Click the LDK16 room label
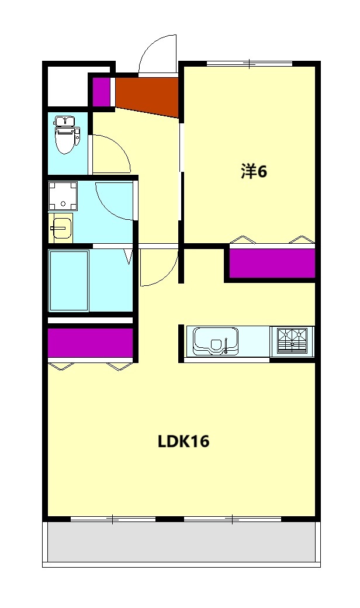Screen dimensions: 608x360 point(184,441)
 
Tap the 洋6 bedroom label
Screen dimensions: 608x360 point(254,172)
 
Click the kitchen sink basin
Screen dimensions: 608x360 point(216,341)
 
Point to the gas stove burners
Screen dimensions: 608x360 point(292,341)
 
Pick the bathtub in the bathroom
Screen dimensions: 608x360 point(69,281)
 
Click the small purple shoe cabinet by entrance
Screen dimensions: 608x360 point(101,92)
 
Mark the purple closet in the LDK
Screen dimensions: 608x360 point(90,343)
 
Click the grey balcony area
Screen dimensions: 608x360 point(181,542)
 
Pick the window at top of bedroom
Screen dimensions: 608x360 point(250,63)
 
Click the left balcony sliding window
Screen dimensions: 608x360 point(113,519)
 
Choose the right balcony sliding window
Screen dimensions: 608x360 point(232,519)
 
